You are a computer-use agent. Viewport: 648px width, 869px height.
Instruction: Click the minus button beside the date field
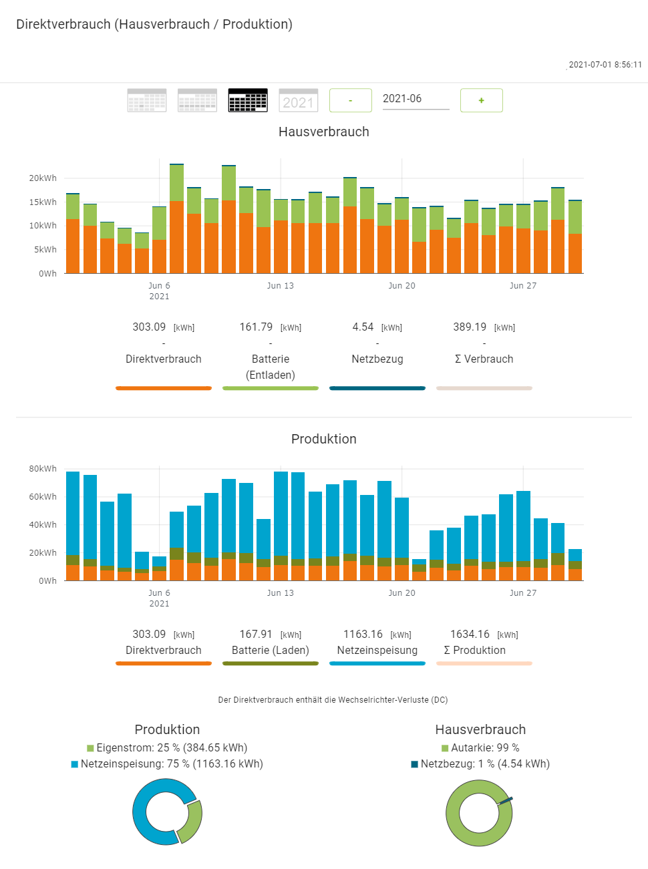pos(351,100)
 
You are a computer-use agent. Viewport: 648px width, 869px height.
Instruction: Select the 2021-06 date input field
pos(416,99)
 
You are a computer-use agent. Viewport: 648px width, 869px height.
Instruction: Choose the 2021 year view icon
pos(299,100)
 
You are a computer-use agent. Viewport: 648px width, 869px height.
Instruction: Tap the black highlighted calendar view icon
pos(248,100)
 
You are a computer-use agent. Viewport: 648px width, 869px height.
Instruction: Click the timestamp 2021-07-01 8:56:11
pos(605,65)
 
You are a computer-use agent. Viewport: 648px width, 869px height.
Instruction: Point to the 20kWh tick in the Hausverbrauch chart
pos(43,178)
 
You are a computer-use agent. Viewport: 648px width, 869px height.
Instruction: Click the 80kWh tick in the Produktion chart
pos(43,469)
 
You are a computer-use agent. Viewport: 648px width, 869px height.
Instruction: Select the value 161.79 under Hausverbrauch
pos(256,327)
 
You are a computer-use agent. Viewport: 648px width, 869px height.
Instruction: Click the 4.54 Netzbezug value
pos(363,327)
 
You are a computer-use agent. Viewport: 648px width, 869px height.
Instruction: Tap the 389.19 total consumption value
pos(470,327)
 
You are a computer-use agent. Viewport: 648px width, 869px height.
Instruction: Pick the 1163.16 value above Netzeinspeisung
pos(363,635)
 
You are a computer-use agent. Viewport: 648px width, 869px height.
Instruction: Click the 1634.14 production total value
pos(470,635)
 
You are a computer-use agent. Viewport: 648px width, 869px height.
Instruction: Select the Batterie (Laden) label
pos(271,651)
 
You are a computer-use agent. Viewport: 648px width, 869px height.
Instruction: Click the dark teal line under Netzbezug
pos(377,388)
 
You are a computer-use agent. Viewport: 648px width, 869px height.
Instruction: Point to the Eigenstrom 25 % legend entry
pos(167,748)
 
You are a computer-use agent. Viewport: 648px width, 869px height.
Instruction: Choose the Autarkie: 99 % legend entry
pos(480,748)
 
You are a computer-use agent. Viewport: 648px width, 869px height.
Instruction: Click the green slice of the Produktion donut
pos(192,821)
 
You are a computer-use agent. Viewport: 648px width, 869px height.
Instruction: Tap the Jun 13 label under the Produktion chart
pos(280,593)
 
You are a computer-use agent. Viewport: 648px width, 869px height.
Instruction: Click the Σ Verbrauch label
pos(484,359)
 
